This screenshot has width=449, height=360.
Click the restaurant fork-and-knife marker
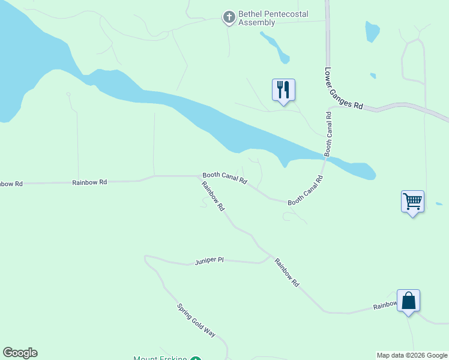click(283, 90)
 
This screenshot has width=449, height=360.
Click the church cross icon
click(229, 17)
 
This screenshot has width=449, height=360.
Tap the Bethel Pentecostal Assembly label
click(256, 18)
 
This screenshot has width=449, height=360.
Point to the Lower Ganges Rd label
click(343, 88)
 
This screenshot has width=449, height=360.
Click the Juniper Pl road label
click(209, 261)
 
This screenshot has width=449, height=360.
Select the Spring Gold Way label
click(196, 320)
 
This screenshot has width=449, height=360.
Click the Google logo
click(20, 353)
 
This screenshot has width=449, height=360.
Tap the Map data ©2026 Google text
click(412, 355)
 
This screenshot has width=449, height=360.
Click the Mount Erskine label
click(160, 358)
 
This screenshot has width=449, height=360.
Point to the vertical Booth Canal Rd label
click(328, 134)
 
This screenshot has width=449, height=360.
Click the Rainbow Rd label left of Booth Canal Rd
click(89, 182)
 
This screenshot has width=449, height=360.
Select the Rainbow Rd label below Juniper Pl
click(286, 272)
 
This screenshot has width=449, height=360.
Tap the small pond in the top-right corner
click(372, 31)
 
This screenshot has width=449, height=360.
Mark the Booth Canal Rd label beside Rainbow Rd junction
click(224, 176)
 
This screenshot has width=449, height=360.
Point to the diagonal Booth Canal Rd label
click(306, 190)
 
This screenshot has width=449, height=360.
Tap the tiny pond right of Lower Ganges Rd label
click(373, 76)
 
